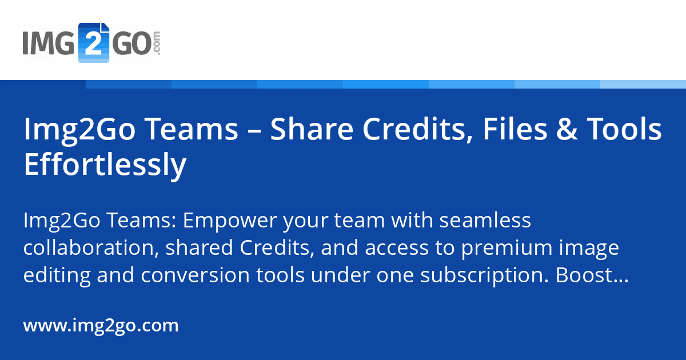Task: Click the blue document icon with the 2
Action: point(93,42)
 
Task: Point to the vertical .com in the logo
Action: point(157,42)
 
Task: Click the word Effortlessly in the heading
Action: point(105,165)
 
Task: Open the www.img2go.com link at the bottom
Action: point(101,326)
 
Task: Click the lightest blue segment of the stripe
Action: point(643,84)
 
